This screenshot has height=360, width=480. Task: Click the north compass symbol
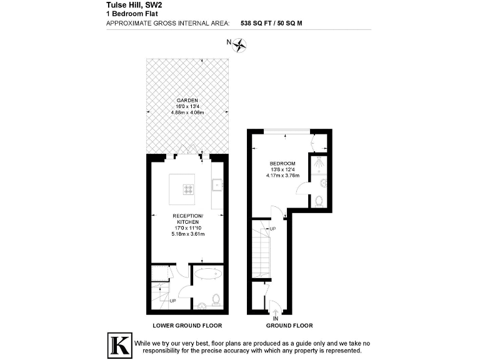coord(241,44)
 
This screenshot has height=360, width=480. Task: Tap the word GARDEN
coord(187,101)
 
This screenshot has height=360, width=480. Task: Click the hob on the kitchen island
coord(188,189)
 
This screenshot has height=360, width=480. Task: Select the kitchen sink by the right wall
coord(216,184)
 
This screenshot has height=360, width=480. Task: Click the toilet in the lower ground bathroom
coord(215,299)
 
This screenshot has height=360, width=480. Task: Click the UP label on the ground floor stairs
coord(272,229)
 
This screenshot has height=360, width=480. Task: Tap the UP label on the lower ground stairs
coord(172,301)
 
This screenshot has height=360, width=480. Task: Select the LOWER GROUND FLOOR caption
coord(187,326)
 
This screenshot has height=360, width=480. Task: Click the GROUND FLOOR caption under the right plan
coord(289,326)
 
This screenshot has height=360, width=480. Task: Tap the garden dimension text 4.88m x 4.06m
coord(187,112)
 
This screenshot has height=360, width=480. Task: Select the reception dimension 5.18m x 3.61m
coord(188,234)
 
